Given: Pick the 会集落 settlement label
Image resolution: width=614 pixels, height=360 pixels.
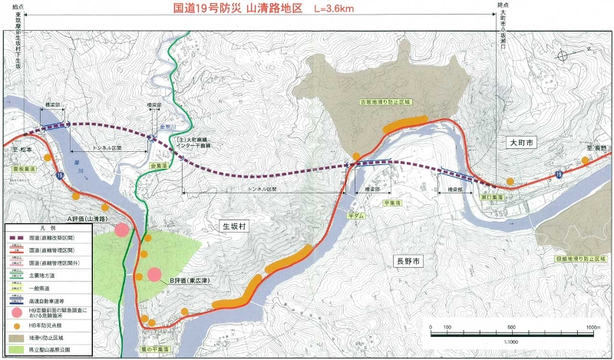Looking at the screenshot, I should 159,164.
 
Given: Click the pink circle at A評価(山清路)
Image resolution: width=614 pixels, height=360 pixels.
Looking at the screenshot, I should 121,229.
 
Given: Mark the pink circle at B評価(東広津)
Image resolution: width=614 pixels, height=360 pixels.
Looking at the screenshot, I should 154,274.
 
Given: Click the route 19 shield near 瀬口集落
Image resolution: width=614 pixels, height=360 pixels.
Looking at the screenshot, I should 558,176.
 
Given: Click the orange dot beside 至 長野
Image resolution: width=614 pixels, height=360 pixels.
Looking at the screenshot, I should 586,160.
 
